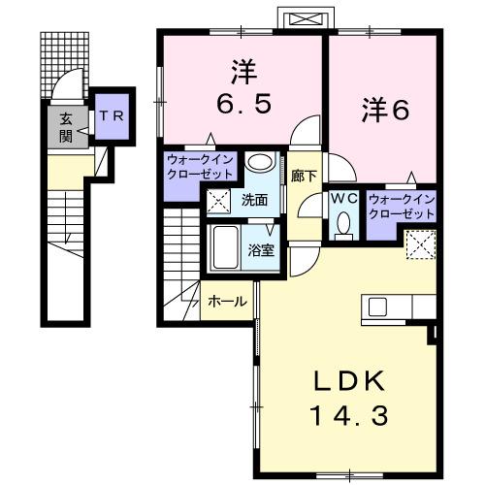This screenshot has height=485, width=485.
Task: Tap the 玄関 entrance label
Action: [66, 127]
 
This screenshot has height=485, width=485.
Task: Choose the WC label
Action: [344, 198]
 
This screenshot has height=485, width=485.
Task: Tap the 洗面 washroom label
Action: [256, 201]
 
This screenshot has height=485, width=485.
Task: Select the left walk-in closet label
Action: [200, 167]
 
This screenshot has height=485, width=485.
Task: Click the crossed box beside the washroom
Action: [219, 202]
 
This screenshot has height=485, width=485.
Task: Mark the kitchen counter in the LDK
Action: [398, 308]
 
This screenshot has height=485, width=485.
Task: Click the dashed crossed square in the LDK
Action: [419, 245]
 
